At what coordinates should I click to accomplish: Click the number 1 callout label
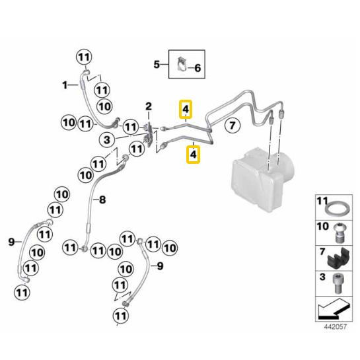[x=65, y=85]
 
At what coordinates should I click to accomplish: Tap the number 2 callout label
[x=149, y=106]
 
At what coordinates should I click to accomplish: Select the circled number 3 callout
[x=107, y=140]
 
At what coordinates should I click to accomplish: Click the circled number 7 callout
[x=233, y=126]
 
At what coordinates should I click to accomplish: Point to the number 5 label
[x=157, y=64]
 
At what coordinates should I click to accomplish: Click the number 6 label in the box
[x=198, y=68]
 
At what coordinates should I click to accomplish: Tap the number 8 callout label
[x=102, y=199]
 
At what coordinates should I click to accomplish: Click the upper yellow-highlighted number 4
[x=186, y=109]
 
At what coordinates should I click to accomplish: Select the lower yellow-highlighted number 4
[x=193, y=155]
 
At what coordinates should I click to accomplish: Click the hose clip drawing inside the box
[x=182, y=64]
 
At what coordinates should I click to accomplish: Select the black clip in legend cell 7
[x=339, y=258]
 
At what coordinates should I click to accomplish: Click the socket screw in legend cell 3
[x=338, y=283]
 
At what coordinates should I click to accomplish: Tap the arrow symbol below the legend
[x=334, y=309]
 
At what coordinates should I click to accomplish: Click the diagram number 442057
[x=335, y=327]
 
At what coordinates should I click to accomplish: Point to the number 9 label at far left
[x=11, y=242]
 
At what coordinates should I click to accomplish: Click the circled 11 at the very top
[x=84, y=57]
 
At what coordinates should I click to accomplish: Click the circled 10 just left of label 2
[x=104, y=106]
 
